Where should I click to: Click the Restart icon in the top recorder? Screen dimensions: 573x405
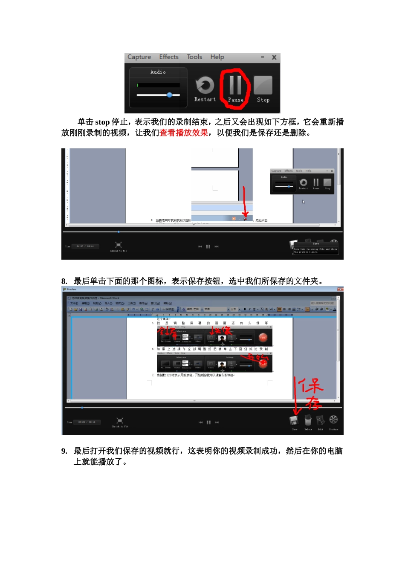[205, 86]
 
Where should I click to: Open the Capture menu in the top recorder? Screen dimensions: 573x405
[139, 57]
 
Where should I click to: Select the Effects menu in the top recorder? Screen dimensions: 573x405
[169, 57]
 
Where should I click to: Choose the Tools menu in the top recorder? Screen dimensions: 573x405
[194, 57]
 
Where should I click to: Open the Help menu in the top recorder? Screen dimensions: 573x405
[217, 57]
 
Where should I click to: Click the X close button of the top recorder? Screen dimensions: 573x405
[274, 57]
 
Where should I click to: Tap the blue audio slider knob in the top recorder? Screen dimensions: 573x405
[170, 95]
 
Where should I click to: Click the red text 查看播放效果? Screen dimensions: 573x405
[184, 133]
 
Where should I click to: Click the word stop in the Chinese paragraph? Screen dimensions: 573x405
[102, 122]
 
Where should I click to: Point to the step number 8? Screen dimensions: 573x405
[64, 281]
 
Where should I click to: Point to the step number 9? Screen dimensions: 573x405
[64, 451]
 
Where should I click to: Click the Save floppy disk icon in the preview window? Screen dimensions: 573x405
[294, 421]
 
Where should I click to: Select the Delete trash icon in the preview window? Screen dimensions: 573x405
[308, 421]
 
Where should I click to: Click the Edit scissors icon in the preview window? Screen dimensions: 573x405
[321, 421]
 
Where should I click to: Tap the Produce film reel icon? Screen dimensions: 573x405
[334, 420]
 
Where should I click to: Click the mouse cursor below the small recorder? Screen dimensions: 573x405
[304, 202]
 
